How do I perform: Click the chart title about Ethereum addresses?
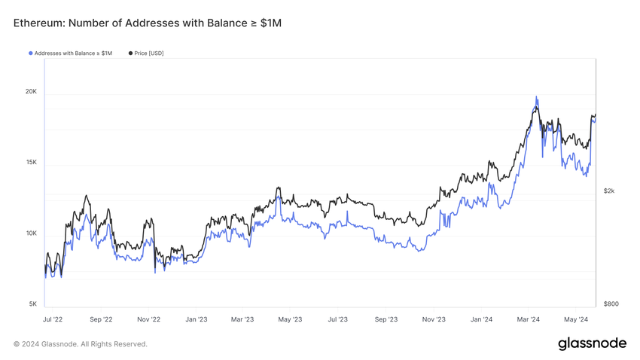point(147,23)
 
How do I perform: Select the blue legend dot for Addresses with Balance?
point(31,53)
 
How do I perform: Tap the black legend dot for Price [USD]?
point(131,53)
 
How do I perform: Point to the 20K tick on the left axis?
point(31,92)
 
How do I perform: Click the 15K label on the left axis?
point(31,163)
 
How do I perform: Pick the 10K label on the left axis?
point(31,233)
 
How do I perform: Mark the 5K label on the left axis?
point(32,304)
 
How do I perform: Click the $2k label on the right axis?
point(609,191)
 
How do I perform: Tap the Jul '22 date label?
point(53,319)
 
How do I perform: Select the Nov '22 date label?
point(148,319)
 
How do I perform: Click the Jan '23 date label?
point(196,319)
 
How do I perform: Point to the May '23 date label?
point(290,319)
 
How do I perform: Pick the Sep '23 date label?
point(386,319)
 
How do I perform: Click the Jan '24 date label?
point(481,319)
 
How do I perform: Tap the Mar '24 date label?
point(528,319)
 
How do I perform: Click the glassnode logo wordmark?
point(592,343)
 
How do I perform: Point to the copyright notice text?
point(81,344)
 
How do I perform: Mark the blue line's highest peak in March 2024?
point(536,96)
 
